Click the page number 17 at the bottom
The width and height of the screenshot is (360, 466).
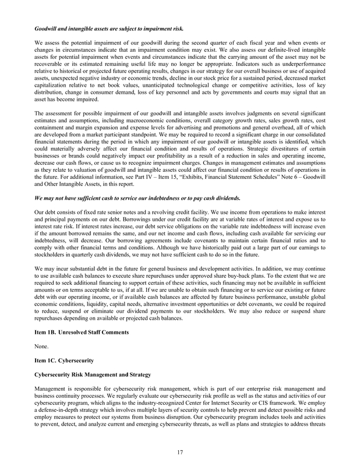[x=180, y=450]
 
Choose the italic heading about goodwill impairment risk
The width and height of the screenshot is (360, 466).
[x=110, y=28]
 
